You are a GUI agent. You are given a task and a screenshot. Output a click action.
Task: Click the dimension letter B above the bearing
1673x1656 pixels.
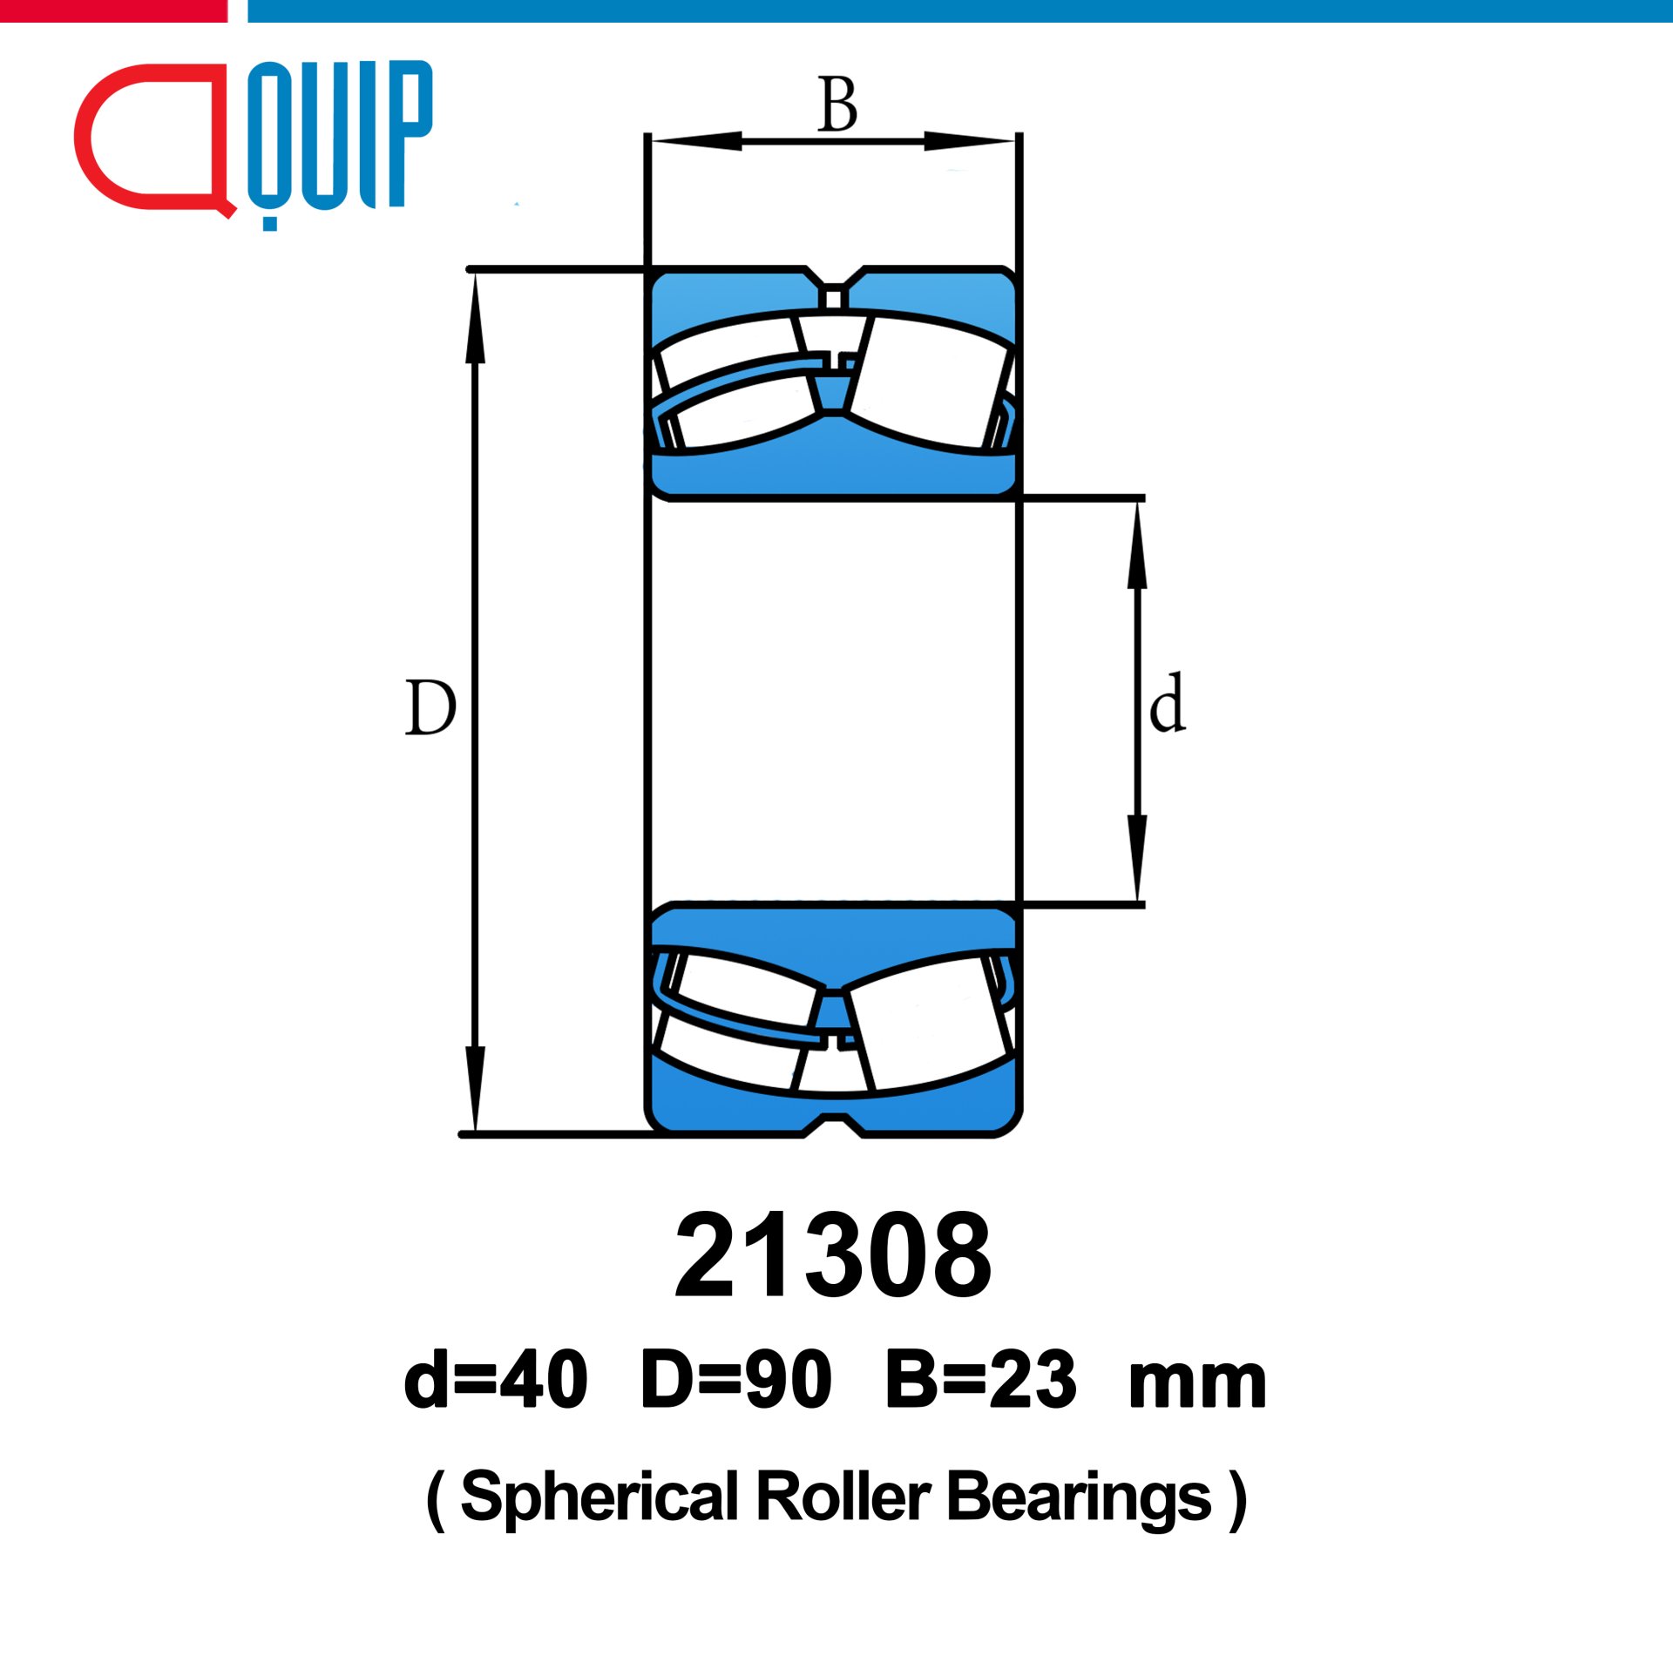837,105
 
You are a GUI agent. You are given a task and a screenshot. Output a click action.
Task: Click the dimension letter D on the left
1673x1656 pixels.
430,707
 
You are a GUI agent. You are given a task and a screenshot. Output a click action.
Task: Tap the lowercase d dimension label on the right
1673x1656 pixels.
1167,704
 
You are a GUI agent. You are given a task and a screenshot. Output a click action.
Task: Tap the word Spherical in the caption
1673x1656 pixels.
599,1497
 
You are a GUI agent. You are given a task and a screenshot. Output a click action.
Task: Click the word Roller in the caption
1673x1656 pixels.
843,1497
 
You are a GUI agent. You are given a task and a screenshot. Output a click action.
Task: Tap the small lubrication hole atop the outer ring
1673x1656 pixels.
833,300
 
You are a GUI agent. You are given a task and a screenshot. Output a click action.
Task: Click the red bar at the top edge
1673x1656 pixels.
113,10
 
